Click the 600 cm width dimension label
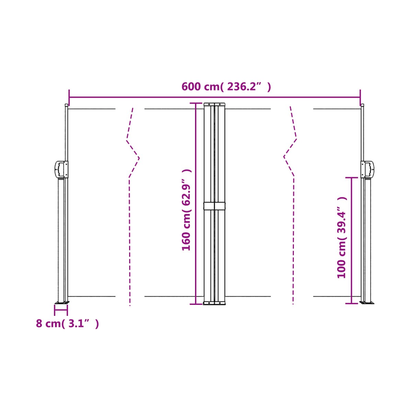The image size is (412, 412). [226, 87]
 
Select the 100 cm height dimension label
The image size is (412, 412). [341, 237]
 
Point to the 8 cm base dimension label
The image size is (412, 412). [67, 323]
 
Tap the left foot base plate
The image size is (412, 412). [62, 302]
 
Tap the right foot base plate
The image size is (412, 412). [367, 302]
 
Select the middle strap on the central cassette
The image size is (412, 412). [214, 206]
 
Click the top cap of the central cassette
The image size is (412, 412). [214, 104]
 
